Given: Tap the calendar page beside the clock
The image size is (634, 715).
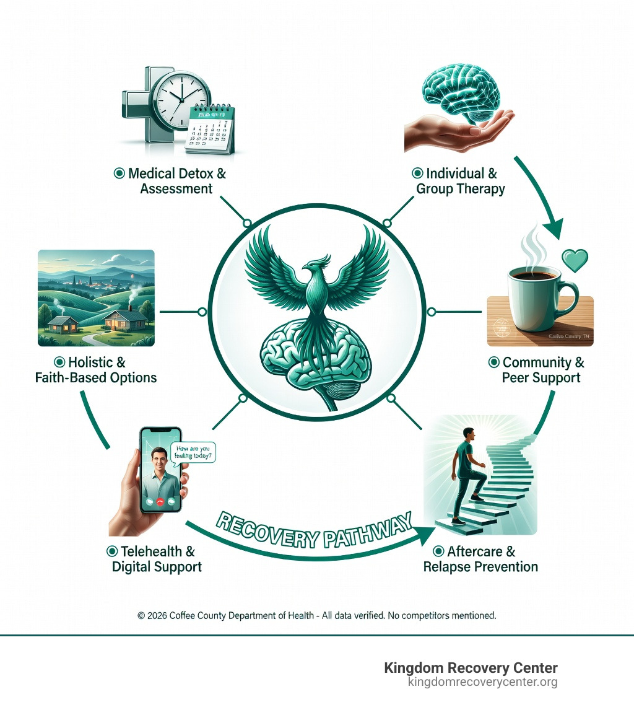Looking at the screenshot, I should [211, 129].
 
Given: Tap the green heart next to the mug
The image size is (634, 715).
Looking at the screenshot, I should [574, 261].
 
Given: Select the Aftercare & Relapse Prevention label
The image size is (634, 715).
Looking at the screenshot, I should [480, 559].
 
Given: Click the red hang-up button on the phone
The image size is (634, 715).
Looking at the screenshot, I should [160, 501].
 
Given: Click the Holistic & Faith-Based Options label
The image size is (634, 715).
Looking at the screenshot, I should [96, 370].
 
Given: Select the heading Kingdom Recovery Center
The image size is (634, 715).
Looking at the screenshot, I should [471, 668].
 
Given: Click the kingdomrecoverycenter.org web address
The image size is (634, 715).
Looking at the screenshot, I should [482, 682].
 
